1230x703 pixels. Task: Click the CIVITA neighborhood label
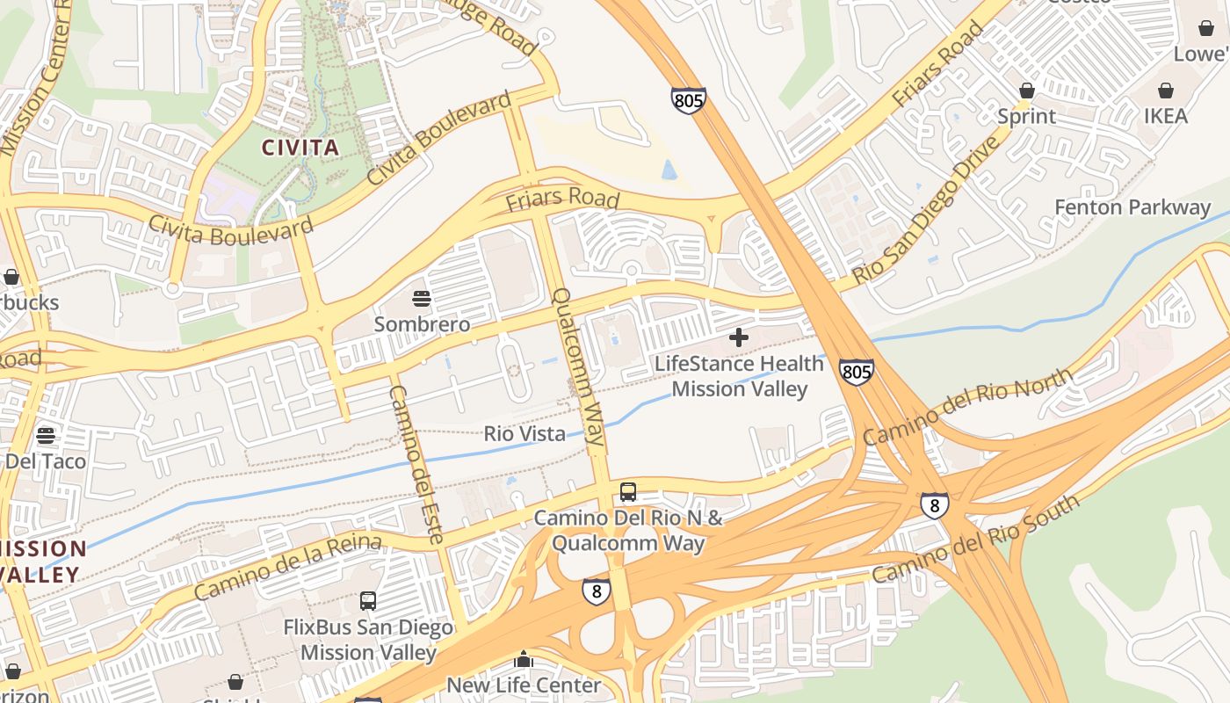[300, 147]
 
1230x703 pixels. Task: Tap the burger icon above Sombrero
[422, 299]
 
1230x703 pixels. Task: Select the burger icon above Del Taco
[46, 436]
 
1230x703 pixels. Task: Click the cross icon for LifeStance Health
[739, 337]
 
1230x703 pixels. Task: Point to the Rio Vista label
[525, 433]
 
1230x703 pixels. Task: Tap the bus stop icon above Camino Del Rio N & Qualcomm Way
[627, 492]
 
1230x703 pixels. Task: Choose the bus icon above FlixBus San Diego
[368, 601]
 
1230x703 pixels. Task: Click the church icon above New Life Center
[524, 659]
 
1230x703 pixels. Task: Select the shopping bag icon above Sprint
[1026, 91]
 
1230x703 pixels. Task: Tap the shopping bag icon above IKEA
[1165, 91]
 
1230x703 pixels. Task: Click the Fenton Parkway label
[1132, 207]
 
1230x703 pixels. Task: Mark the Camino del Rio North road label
[967, 407]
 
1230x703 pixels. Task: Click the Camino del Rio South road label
[975, 540]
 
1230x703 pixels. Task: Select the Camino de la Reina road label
[287, 567]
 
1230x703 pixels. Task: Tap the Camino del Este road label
[416, 464]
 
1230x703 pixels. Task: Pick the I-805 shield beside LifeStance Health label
[856, 371]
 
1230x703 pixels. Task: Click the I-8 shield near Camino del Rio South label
[934, 504]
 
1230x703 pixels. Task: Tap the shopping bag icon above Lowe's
[1206, 28]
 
